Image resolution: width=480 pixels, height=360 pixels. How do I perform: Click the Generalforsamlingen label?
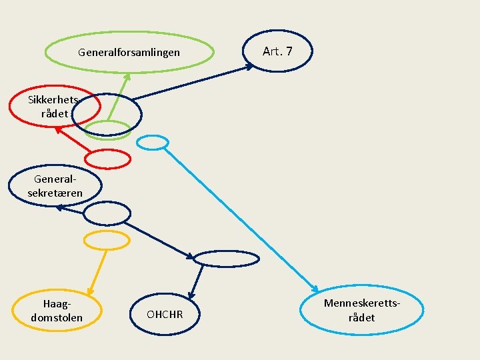coord(129,52)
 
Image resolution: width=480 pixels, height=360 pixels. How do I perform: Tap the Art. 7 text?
coord(277,51)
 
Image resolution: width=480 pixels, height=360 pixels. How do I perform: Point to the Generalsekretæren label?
coord(55,186)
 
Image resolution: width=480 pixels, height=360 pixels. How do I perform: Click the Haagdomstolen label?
coord(57,311)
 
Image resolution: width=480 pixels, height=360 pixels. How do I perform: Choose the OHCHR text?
coord(165,314)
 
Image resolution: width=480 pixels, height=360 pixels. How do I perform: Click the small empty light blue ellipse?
coord(153,142)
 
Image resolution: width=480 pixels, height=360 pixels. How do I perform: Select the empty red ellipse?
coord(108,159)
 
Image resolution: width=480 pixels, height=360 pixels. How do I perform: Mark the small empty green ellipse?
coord(107,130)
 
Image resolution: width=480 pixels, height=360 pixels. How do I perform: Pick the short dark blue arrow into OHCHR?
coord(196,281)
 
